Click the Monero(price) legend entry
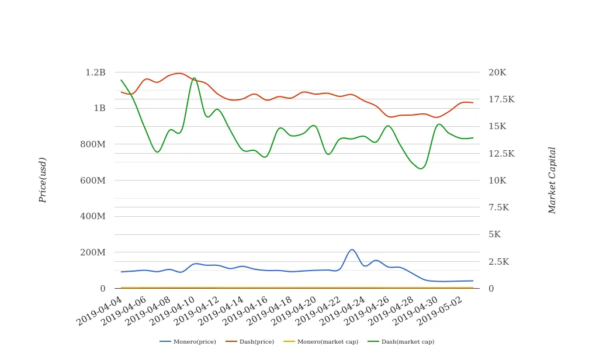point(188,342)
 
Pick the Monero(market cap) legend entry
point(320,342)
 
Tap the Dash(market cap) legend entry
point(401,342)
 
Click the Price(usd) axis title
point(43,180)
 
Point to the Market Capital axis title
point(552,180)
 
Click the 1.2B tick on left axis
point(95,72)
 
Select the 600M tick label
point(93,181)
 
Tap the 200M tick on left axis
point(93,252)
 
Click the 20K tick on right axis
point(497,72)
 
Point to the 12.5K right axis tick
point(501,154)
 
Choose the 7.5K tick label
point(498,207)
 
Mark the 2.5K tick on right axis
point(498,262)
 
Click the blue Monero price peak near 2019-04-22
point(352,250)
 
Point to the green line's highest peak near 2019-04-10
point(195,78)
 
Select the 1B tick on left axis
point(99,108)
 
